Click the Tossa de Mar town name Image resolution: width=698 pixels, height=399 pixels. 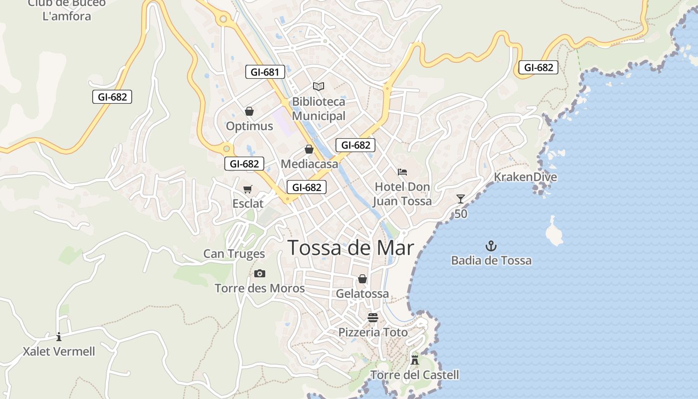[x=351, y=247]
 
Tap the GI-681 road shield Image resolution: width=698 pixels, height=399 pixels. [x=265, y=72]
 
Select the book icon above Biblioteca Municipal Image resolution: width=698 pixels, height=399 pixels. [x=319, y=86]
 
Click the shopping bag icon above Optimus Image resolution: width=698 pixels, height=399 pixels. [x=249, y=111]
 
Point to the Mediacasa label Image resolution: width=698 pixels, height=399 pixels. [x=309, y=164]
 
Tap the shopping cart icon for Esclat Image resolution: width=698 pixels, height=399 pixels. [x=248, y=189]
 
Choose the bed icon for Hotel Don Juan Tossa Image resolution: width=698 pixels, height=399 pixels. [x=402, y=172]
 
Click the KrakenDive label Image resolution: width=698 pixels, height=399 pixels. [x=525, y=177]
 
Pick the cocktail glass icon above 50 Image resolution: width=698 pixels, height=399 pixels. [x=461, y=199]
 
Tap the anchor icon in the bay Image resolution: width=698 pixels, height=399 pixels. [x=491, y=245]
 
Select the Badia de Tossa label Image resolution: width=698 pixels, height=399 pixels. [x=491, y=260]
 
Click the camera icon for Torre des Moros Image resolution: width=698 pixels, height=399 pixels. [x=259, y=273]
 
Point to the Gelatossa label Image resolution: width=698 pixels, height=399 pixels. [x=362, y=293]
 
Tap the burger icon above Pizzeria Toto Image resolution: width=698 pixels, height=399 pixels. [x=373, y=317]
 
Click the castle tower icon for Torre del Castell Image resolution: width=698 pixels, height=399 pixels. [x=414, y=360]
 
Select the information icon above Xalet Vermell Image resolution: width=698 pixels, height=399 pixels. [x=59, y=337]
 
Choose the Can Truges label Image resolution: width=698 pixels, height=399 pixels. [x=234, y=254]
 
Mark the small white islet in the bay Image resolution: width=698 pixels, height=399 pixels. [x=554, y=233]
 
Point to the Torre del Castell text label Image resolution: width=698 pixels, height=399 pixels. [x=414, y=375]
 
